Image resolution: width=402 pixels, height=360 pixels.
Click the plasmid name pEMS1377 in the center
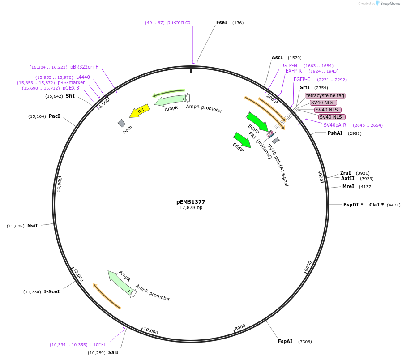point(191,202)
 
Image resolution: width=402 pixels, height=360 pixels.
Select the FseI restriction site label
point(222,22)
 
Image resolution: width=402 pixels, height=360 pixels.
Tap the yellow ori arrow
point(139,111)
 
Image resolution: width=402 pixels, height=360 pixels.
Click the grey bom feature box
point(122,123)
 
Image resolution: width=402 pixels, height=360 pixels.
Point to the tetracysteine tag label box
point(325,95)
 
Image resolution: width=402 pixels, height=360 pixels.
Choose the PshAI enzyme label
point(335,133)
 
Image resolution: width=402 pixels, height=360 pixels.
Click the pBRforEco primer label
point(179,22)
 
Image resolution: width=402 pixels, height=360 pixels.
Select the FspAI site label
point(285,341)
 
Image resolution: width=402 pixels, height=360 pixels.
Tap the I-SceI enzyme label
point(51,291)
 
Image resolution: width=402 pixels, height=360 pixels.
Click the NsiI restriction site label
point(32,226)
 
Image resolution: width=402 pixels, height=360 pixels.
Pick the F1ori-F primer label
point(98,344)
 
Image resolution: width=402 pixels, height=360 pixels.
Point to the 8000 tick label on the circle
point(240,327)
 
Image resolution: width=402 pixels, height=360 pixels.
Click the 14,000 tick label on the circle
point(59,184)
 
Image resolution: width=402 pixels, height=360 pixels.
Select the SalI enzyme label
point(113,352)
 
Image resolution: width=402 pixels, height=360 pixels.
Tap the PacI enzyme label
point(54,116)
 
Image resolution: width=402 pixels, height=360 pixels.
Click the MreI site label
point(348,186)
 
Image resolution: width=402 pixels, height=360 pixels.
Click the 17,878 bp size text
point(191,208)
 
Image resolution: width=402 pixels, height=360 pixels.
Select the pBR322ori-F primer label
point(84,67)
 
